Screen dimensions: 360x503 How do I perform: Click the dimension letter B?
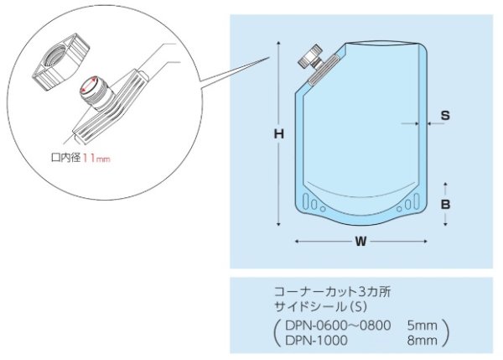(x=447, y=204)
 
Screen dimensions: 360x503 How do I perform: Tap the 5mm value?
(x=422, y=325)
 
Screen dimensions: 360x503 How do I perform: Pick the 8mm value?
(x=422, y=340)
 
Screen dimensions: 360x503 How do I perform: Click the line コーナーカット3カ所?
(x=332, y=292)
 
